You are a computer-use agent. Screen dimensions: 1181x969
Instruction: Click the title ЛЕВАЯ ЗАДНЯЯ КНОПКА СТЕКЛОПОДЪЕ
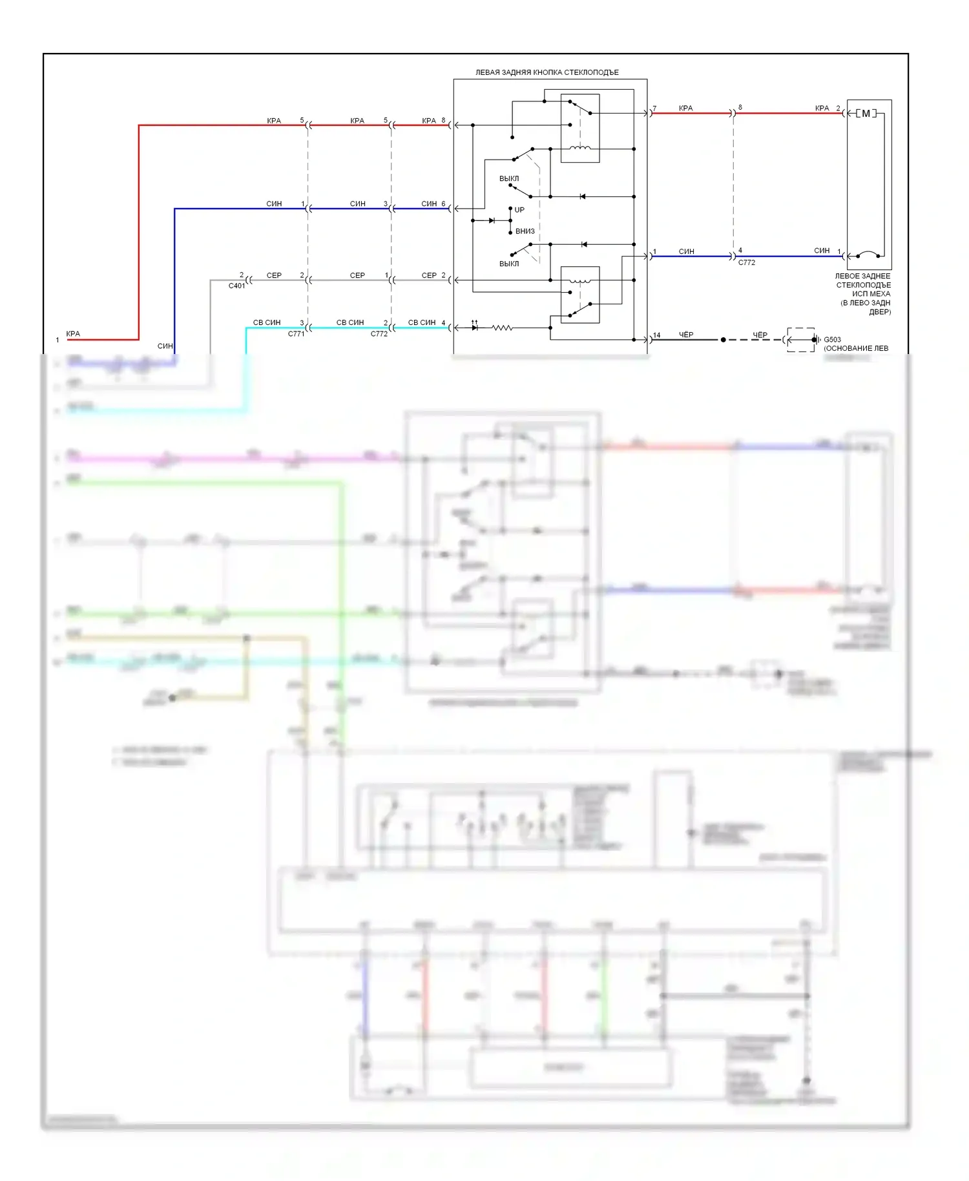point(547,72)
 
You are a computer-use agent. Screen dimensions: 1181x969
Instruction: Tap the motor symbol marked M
point(866,114)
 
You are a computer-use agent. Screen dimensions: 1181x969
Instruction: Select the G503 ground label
point(832,339)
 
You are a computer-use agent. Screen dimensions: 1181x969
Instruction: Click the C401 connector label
point(236,286)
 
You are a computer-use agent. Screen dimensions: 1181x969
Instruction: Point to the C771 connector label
point(296,334)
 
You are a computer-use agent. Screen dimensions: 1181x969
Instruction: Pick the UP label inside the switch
point(519,210)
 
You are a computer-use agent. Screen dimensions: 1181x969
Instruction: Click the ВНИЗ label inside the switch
point(525,231)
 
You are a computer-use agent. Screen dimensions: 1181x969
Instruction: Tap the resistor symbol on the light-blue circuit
point(502,328)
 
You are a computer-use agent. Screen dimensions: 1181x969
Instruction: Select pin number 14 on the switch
point(656,335)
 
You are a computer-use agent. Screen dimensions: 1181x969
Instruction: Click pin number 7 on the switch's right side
point(654,109)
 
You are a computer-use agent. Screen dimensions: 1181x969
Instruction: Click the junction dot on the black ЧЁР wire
point(723,340)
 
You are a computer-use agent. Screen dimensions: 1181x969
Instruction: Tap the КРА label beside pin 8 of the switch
point(429,121)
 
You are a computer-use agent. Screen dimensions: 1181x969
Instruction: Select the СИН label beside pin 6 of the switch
point(429,204)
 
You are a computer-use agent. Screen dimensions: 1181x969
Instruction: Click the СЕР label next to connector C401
point(274,275)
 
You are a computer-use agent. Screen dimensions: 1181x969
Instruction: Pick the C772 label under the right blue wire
point(747,263)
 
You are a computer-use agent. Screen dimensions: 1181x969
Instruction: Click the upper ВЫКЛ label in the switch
point(509,178)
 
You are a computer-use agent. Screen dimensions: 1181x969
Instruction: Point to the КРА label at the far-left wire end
point(73,334)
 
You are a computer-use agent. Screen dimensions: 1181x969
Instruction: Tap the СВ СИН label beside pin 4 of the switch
point(422,322)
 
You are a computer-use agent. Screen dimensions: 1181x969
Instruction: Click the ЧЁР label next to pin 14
point(686,335)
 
